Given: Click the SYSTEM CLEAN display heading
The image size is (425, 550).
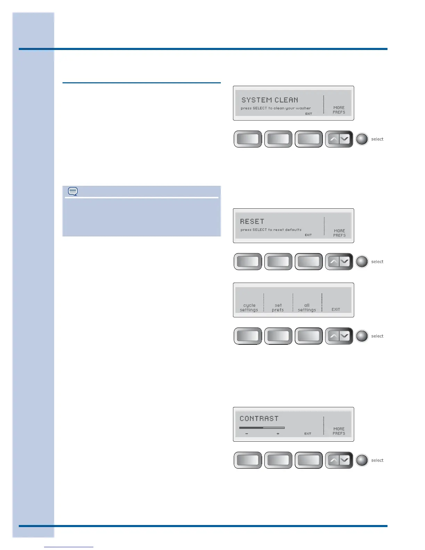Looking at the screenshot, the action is [x=270, y=100].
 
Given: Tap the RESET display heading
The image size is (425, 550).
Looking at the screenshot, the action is [x=252, y=222].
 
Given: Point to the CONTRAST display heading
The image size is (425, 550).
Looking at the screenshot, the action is [x=259, y=419].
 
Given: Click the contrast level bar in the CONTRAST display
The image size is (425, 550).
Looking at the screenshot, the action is [x=262, y=428].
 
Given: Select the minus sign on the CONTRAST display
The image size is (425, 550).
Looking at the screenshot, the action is [x=247, y=434].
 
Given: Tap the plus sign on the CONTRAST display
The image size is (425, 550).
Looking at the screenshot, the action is [x=278, y=434].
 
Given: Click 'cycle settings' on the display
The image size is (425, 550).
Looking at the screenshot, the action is [x=249, y=308].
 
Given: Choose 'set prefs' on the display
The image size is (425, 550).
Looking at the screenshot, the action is [x=278, y=308].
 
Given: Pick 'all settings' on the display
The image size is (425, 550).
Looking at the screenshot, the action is [x=307, y=308].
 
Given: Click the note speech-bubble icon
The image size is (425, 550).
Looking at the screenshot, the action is [x=73, y=191].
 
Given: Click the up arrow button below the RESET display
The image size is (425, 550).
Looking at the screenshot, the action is [x=333, y=262].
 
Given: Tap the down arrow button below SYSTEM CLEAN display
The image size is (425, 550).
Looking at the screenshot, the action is [x=344, y=139].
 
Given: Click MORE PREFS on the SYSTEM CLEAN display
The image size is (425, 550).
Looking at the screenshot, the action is [x=339, y=110].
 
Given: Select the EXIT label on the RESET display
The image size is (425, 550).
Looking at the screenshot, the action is [x=308, y=235].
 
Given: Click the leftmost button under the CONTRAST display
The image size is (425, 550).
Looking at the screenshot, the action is [x=248, y=460].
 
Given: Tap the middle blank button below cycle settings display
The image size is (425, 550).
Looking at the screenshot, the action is [x=278, y=336].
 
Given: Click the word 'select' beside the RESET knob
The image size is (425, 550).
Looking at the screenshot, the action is [x=377, y=262].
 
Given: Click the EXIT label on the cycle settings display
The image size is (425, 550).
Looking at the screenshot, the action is [x=336, y=309].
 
